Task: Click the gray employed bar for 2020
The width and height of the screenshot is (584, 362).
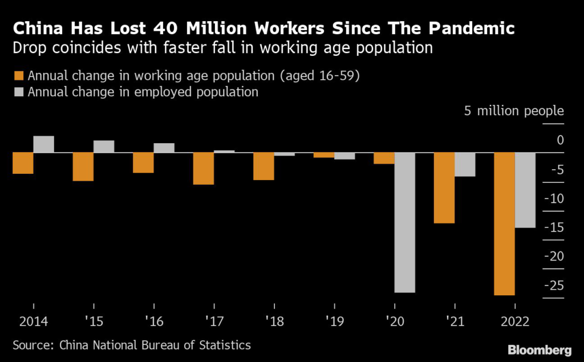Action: click(x=404, y=222)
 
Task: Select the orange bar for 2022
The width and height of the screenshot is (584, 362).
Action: click(x=504, y=223)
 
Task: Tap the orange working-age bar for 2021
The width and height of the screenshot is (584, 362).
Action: click(x=444, y=188)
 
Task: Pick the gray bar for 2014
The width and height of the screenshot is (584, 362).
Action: click(x=43, y=144)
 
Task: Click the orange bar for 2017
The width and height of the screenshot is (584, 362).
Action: click(x=203, y=168)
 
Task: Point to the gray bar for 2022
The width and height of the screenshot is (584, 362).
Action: click(x=525, y=190)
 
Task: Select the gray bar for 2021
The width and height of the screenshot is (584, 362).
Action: click(x=465, y=164)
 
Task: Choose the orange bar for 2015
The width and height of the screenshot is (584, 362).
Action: click(x=83, y=166)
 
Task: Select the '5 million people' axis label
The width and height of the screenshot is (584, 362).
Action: click(x=513, y=111)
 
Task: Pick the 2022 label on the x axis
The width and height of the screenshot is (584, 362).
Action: click(x=514, y=322)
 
